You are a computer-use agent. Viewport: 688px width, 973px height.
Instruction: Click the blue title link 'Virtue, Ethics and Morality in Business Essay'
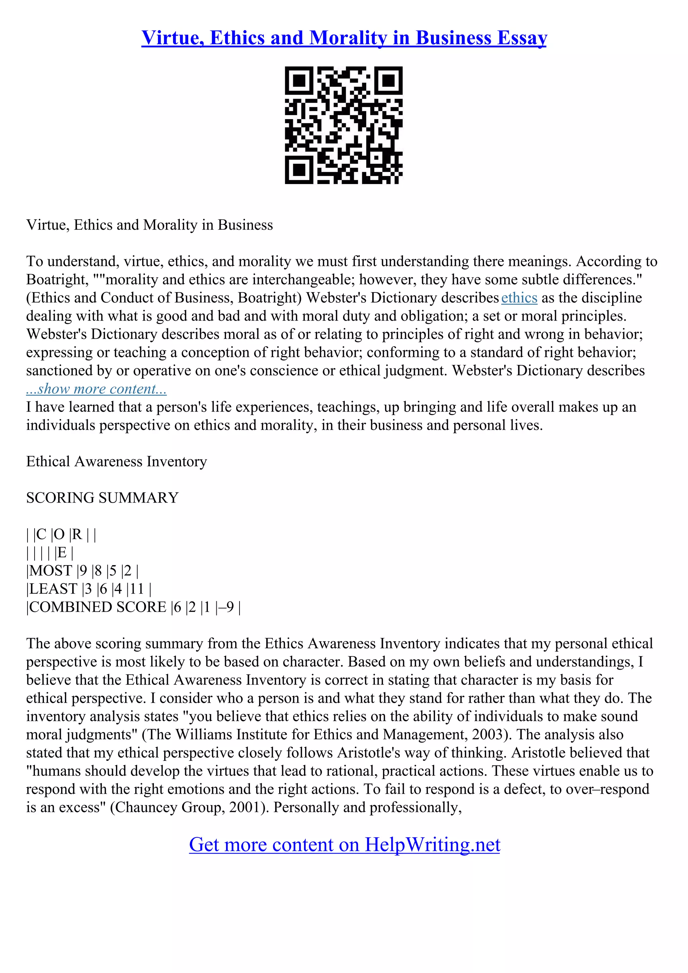point(344,38)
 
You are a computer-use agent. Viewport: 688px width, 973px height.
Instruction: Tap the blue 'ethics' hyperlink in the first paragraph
point(519,298)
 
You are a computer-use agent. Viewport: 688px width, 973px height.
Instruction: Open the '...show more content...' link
point(96,388)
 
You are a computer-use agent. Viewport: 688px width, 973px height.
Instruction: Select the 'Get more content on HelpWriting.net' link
point(344,845)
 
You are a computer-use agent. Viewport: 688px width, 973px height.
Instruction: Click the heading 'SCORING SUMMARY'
point(102,498)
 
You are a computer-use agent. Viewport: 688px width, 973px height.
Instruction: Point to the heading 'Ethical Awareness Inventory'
point(117,461)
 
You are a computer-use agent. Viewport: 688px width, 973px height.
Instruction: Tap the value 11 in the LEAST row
point(137,589)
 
